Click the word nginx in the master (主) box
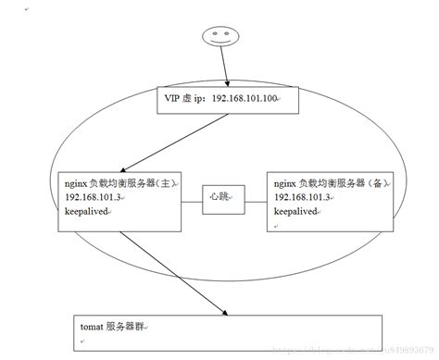pyautogui.click(x=66, y=184)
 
